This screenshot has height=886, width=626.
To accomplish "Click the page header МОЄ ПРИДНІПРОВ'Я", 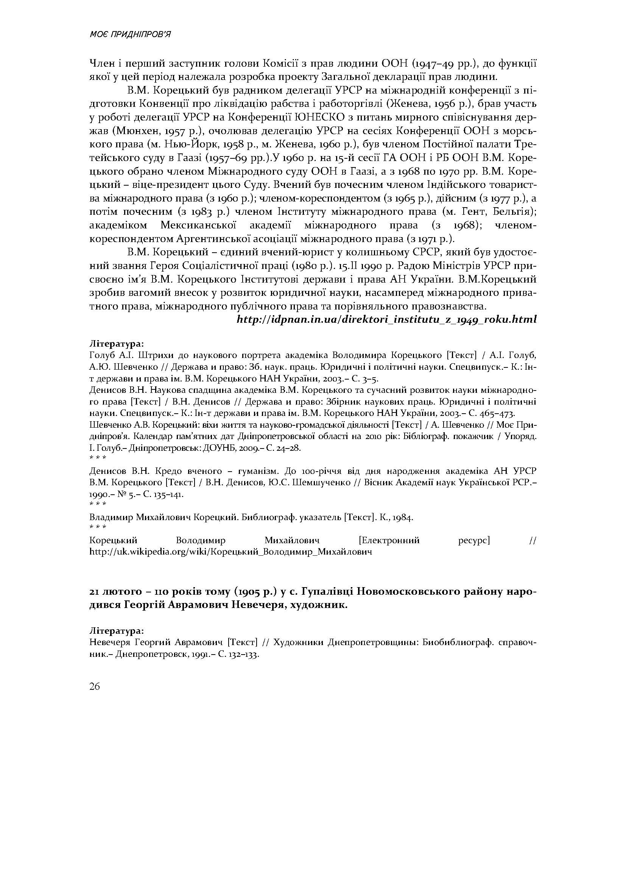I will [130, 35].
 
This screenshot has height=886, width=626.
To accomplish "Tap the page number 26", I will [95, 686].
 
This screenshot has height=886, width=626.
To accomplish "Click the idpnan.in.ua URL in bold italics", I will [386, 320].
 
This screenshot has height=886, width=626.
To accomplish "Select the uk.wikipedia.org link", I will [230, 552].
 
